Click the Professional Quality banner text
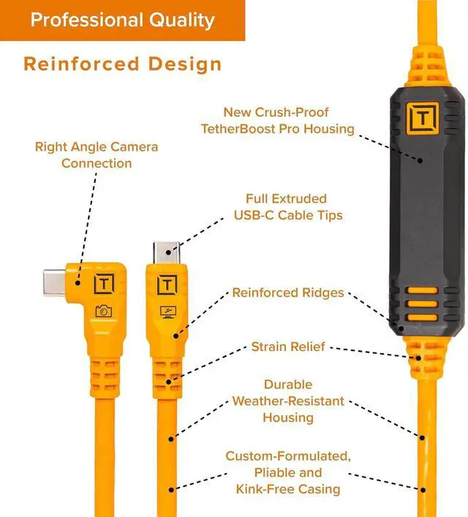pos(122,19)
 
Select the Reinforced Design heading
pos(122,64)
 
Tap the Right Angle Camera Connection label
pos(96,155)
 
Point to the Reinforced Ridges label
pos(288,293)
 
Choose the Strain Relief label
pos(288,346)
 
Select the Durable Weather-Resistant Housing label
pos(288,401)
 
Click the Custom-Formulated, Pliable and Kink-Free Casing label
pos(288,472)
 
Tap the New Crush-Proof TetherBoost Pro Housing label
pos(288,121)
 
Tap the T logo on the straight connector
pos(167,284)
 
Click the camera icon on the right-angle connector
pos(103,311)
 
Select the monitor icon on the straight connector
pos(167,311)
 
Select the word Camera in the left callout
pos(134,147)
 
